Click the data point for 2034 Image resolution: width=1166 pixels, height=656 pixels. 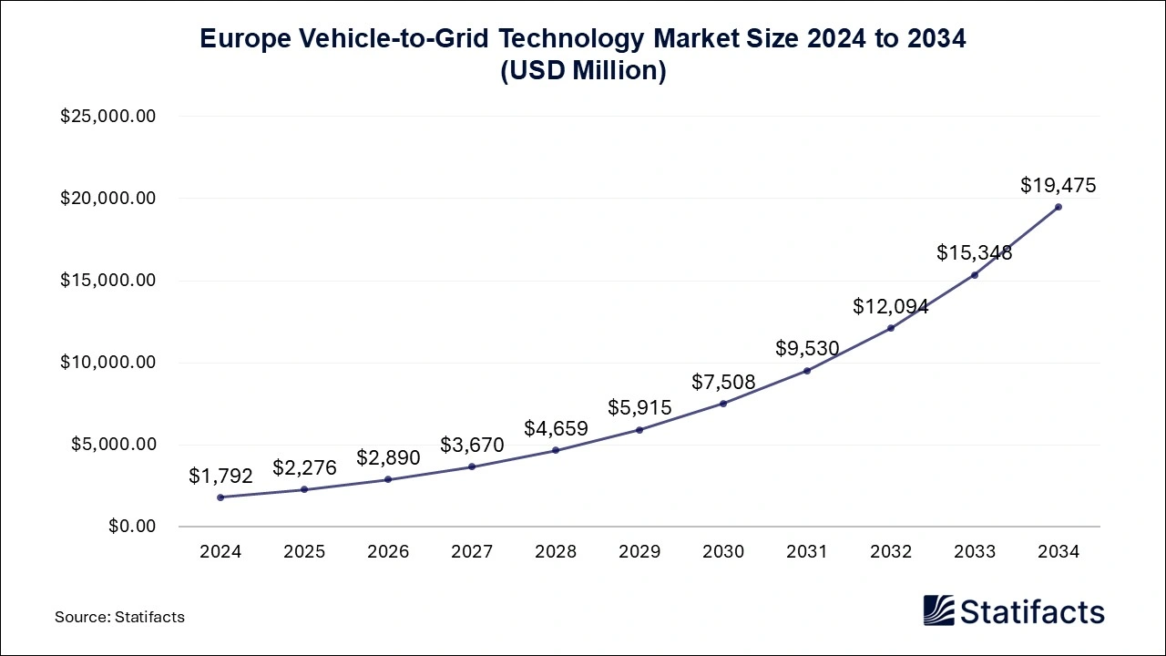[1058, 207]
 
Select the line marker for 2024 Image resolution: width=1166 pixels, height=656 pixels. [220, 497]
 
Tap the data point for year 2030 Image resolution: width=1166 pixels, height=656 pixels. [723, 404]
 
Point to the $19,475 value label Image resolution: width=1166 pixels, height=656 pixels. [1058, 186]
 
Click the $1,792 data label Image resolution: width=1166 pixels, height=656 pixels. [220, 476]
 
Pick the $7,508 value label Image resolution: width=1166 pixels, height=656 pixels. [723, 382]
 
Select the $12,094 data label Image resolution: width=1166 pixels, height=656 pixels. [890, 307]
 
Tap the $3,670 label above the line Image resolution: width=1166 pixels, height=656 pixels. [472, 445]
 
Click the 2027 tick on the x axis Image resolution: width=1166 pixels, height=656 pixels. [472, 551]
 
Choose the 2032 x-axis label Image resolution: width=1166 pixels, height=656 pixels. [890, 551]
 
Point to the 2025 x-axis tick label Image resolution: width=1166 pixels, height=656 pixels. [304, 551]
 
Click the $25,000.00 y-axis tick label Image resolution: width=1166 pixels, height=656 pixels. [108, 117]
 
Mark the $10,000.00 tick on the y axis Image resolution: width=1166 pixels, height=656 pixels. [108, 363]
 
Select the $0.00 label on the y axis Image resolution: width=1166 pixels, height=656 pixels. [132, 527]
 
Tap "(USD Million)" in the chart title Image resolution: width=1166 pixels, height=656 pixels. [583, 70]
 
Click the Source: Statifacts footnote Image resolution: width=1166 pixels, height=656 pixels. [119, 617]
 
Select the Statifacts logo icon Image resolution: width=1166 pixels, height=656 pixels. [939, 610]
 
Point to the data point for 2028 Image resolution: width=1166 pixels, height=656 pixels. [556, 450]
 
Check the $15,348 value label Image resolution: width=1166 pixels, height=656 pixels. [974, 252]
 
